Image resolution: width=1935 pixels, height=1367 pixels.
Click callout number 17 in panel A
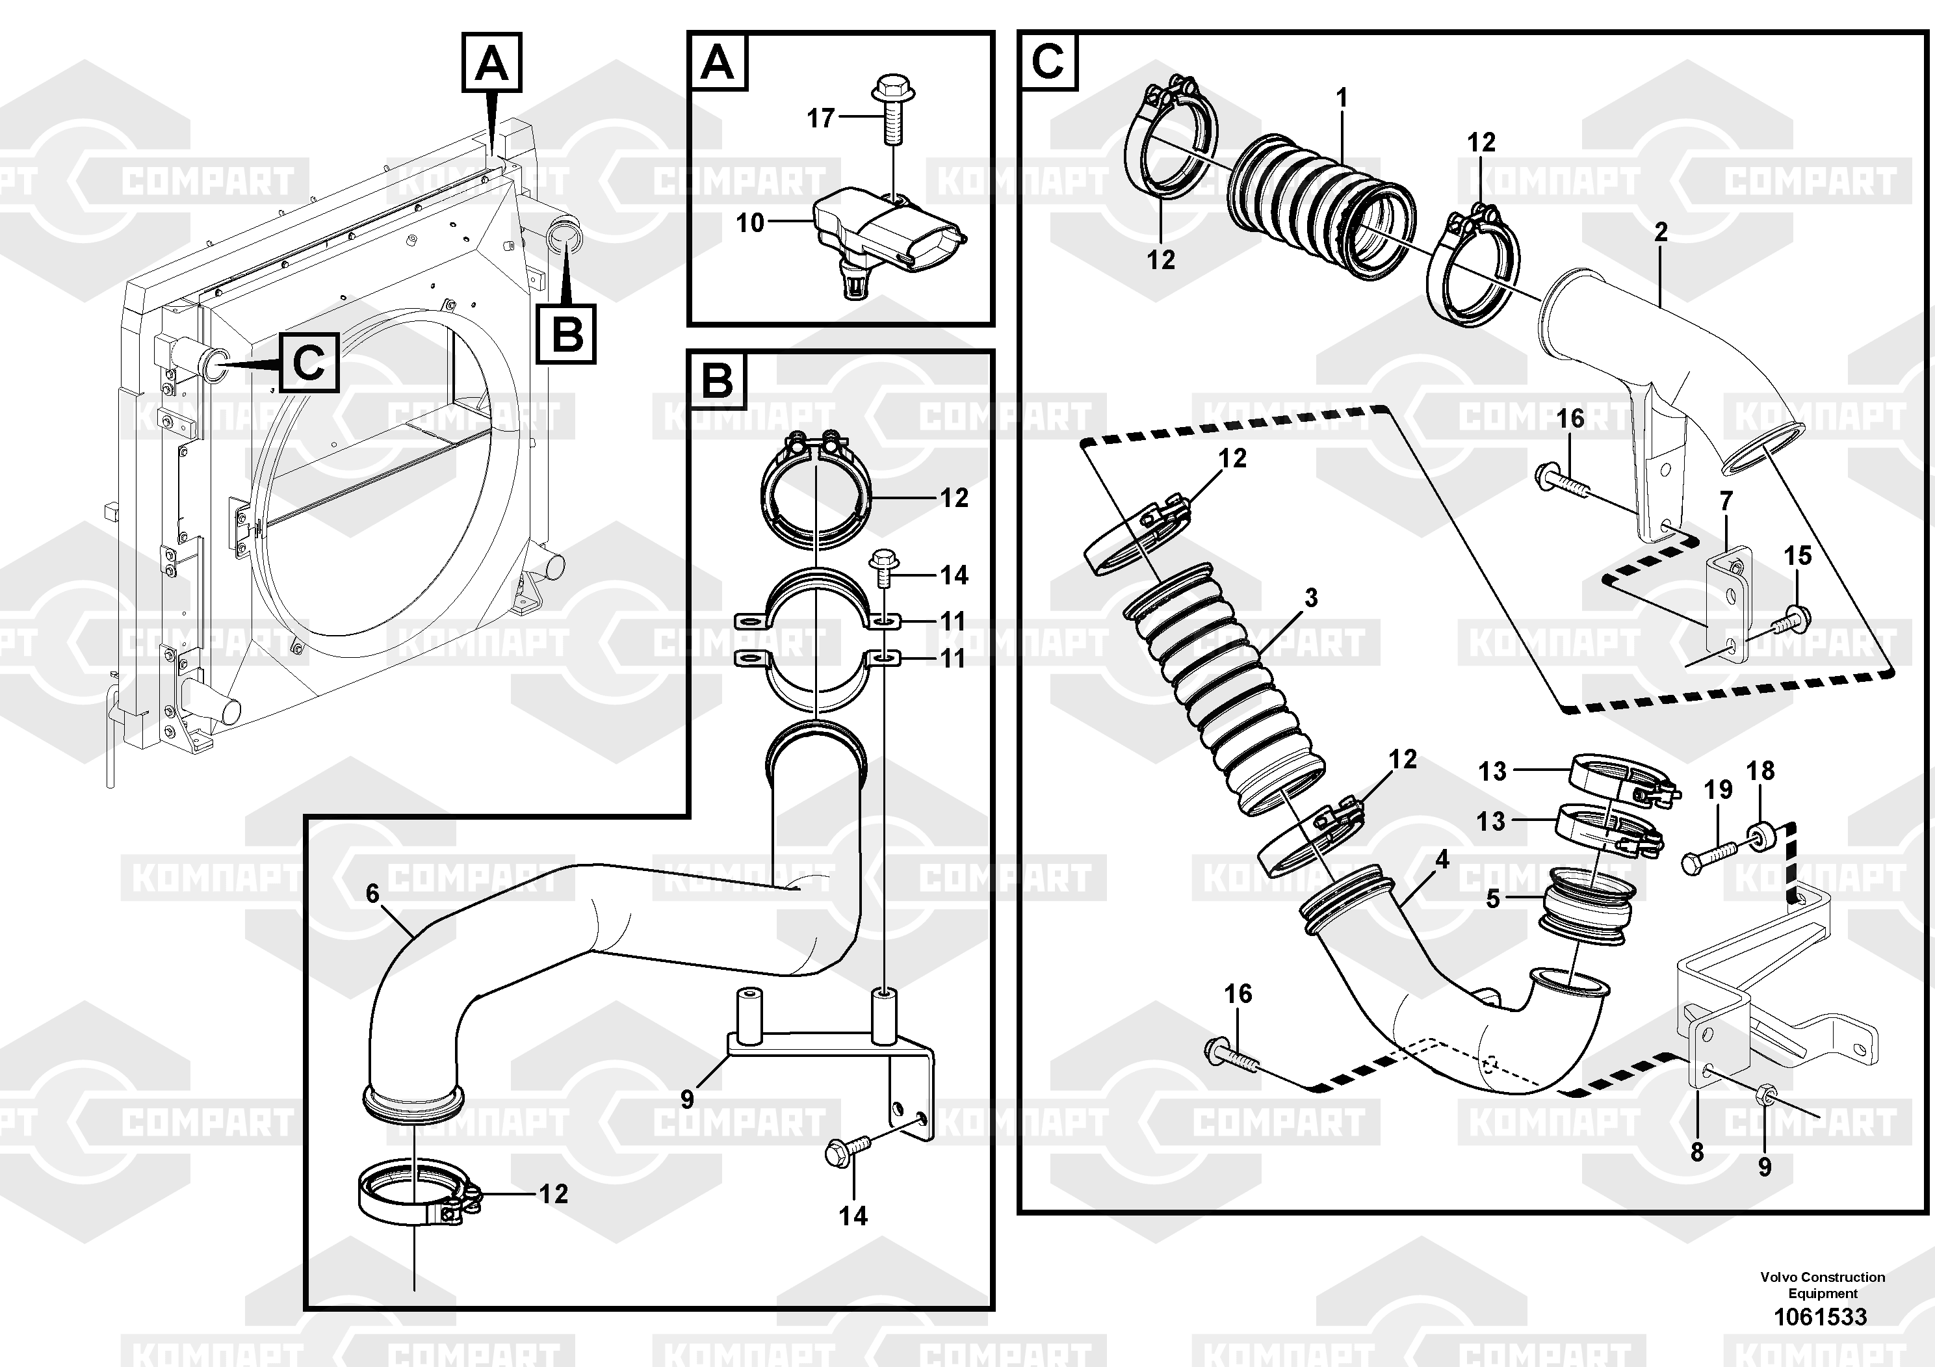point(820,118)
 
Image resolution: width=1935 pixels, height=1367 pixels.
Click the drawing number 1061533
point(1821,1316)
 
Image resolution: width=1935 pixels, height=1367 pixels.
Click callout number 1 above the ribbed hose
point(1342,99)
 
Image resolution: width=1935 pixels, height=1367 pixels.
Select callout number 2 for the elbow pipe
point(1660,232)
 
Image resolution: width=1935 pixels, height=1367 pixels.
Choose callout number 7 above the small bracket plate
point(1725,501)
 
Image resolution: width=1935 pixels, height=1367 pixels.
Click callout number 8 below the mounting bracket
point(1696,1152)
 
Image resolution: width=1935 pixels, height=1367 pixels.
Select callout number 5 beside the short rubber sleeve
point(1492,898)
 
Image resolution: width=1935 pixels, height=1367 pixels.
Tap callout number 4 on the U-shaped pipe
point(1442,859)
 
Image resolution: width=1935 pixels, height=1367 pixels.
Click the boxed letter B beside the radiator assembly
point(565,333)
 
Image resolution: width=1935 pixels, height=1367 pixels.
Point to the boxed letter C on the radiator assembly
point(309,363)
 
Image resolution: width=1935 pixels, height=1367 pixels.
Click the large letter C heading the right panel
point(1048,60)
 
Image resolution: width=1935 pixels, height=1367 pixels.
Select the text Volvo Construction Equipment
point(1822,1285)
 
